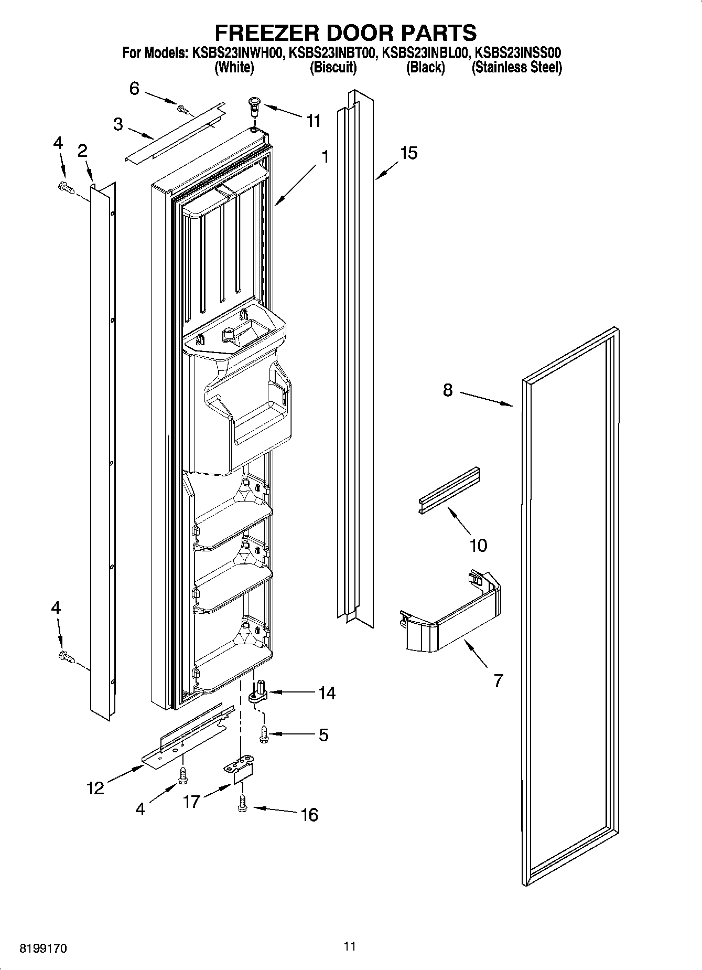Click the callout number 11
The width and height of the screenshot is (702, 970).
tap(313, 121)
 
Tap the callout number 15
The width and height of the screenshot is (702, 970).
tap(408, 153)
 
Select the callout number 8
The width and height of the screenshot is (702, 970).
tap(447, 390)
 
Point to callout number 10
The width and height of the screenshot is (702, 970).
tap(478, 545)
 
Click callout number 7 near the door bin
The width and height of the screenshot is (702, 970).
tap(498, 680)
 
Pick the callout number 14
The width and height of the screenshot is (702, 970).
tap(327, 693)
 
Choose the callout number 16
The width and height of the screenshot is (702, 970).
tap(309, 815)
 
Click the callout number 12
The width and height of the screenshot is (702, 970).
tap(95, 787)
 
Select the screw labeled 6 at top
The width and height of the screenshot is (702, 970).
tap(183, 109)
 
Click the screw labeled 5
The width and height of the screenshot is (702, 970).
tap(264, 734)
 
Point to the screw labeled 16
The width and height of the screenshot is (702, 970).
tap(242, 803)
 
